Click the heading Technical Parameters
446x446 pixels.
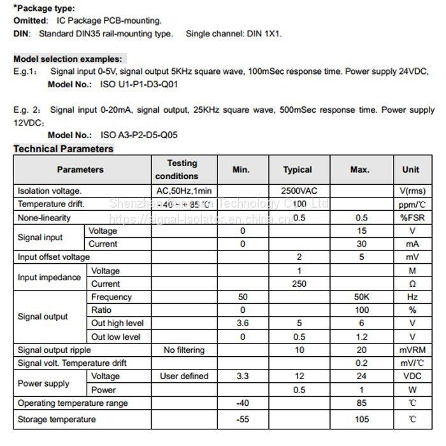[x=63, y=149]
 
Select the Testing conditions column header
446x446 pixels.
[x=182, y=169]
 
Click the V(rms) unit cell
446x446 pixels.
[x=412, y=191]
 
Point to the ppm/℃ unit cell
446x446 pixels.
[x=412, y=204]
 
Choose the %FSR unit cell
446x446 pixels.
[x=412, y=217]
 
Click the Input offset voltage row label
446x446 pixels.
[x=54, y=257]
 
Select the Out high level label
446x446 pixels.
[x=117, y=323]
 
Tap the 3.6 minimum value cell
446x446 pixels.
[x=243, y=323]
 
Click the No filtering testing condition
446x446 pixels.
[x=183, y=350]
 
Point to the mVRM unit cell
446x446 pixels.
[x=412, y=350]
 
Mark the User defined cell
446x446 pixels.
[x=183, y=376]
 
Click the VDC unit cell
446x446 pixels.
[x=412, y=376]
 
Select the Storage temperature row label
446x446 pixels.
[x=57, y=419]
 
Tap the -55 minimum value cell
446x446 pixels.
[x=243, y=419]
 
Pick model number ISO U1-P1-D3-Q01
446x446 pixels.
[x=140, y=83]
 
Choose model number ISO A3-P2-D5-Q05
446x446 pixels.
[x=139, y=135]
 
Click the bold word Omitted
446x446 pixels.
[x=30, y=21]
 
